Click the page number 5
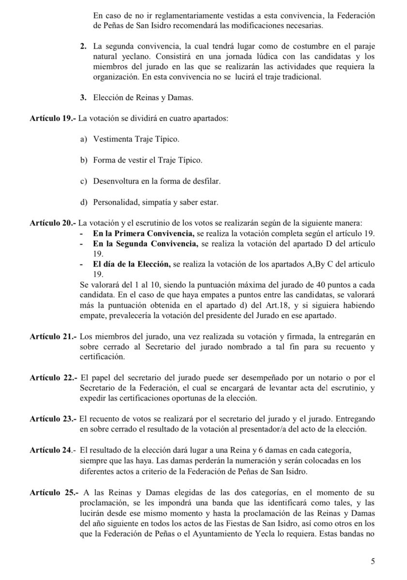(373, 561)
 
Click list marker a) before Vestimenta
(83, 139)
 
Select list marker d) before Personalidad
(83, 202)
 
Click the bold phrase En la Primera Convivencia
(144, 233)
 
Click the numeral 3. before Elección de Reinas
(83, 98)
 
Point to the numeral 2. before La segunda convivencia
(83, 46)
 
